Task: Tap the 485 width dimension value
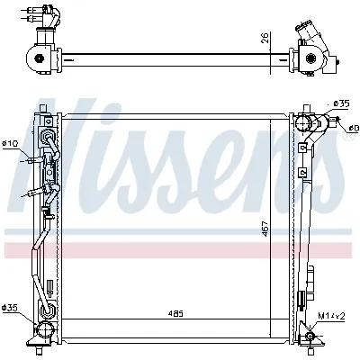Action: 175,314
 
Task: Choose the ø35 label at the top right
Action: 340,103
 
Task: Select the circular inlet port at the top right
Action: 306,123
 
